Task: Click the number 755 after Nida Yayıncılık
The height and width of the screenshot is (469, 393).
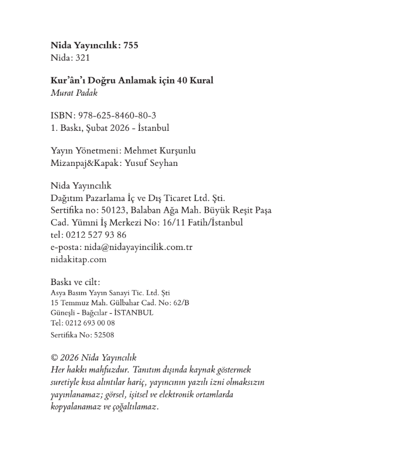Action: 130,46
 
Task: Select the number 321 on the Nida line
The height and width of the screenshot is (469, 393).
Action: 82,58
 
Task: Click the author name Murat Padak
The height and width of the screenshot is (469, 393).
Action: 74,93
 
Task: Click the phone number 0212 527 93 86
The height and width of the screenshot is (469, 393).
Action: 96,235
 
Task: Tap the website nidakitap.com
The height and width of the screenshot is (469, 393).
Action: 78,259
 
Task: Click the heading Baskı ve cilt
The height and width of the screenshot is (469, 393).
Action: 75,282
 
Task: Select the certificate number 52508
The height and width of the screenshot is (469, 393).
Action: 104,335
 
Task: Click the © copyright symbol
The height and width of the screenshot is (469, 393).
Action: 54,358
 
